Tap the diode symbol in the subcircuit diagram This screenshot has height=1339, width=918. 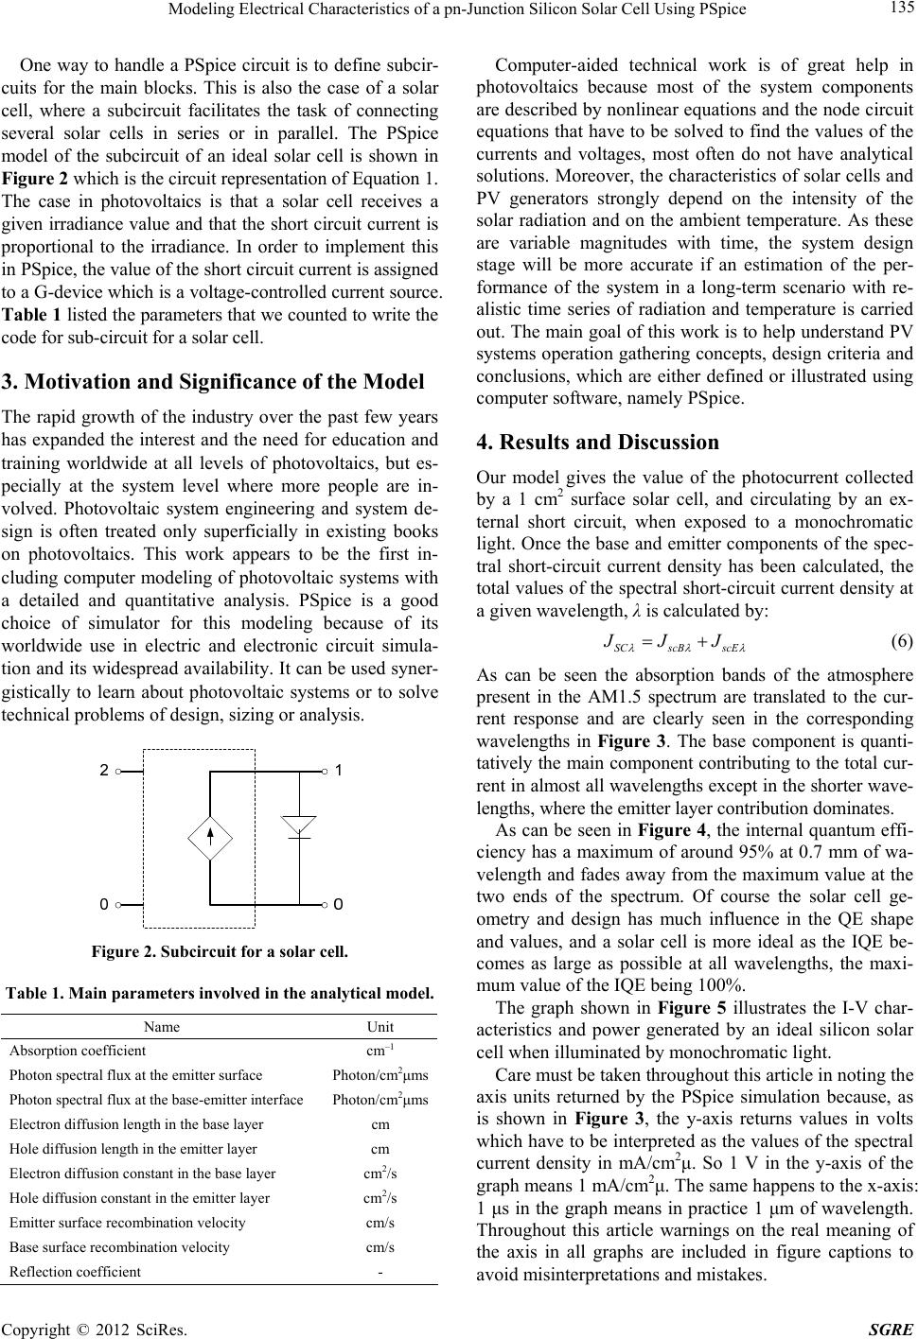(x=299, y=825)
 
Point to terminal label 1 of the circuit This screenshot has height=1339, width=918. (x=339, y=744)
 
